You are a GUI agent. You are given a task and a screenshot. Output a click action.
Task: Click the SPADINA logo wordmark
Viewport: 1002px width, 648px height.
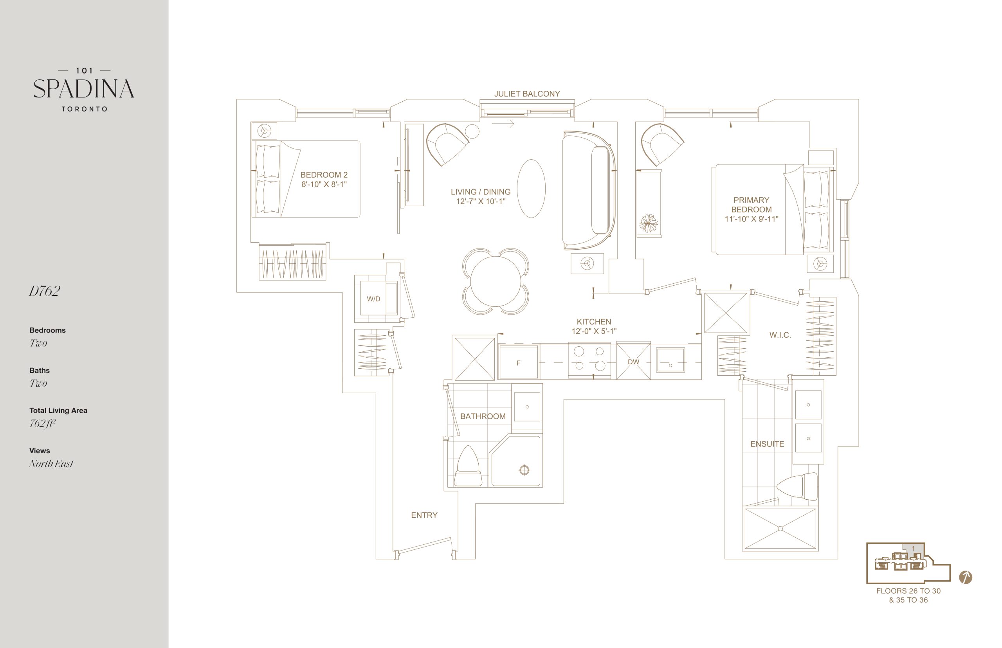pos(84,89)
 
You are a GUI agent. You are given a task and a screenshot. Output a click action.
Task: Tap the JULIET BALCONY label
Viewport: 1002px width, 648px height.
pos(527,94)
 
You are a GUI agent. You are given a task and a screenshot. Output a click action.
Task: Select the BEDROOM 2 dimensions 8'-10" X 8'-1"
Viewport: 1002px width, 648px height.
pos(324,184)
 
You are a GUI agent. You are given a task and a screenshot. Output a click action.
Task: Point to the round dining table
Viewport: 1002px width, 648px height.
pos(495,281)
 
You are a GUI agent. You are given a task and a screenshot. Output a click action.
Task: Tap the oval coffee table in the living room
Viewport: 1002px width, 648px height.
pos(531,189)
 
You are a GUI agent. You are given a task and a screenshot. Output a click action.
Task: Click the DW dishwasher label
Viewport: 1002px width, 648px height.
pos(633,362)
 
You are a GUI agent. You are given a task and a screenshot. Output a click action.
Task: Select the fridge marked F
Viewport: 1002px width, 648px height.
pos(518,362)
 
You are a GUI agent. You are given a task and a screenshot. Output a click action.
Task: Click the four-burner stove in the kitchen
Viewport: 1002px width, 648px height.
pos(589,359)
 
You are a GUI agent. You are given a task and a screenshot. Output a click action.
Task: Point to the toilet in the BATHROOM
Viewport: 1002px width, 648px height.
pos(468,466)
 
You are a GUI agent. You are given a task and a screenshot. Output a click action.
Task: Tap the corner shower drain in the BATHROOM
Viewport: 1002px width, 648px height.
pos(524,470)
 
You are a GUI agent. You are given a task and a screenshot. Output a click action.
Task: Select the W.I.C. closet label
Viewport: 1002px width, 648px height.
pos(780,335)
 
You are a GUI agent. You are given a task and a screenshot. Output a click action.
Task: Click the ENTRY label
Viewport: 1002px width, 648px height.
pos(424,515)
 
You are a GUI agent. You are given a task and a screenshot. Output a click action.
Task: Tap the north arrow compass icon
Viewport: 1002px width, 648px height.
pos(965,577)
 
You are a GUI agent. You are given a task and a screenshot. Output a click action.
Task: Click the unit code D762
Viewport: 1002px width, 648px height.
pos(45,291)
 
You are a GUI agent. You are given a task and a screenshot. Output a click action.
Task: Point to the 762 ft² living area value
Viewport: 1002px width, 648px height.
pos(43,423)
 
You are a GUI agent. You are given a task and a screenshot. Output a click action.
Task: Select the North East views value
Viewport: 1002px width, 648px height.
pos(51,463)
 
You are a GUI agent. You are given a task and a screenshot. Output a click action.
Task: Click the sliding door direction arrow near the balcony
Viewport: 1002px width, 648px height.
pos(503,124)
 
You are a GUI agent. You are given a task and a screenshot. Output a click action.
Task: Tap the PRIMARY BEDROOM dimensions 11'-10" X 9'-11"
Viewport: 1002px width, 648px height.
pos(751,219)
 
